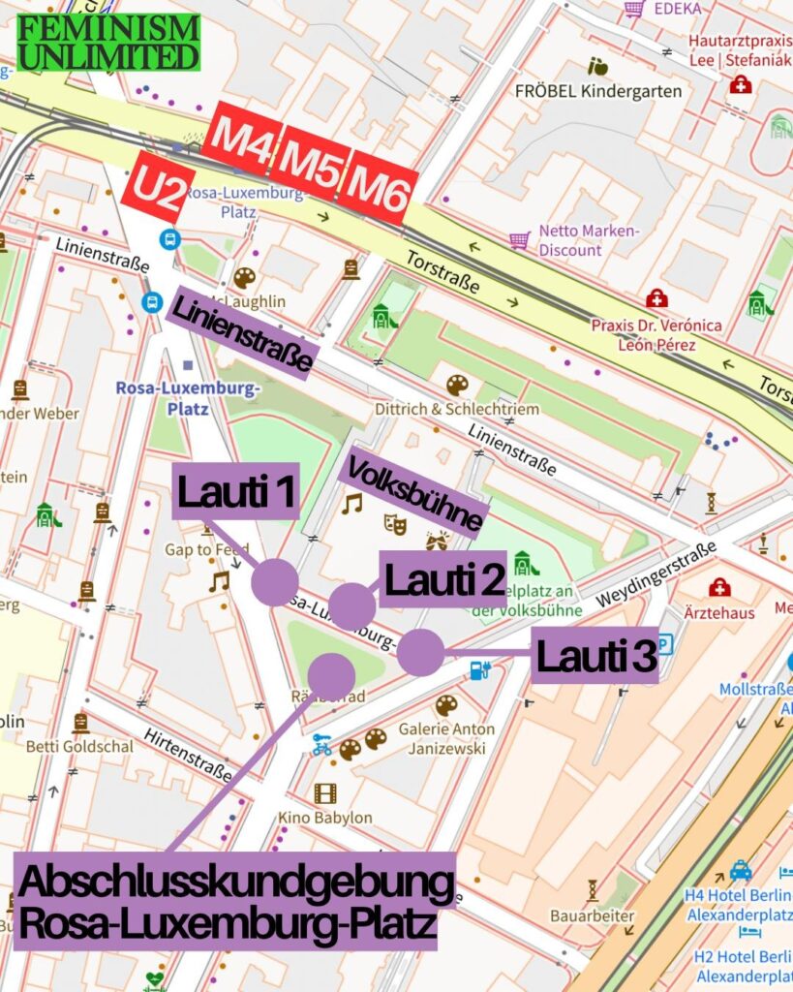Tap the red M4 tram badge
coord(241,139)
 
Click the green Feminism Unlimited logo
coord(108,42)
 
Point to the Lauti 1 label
coord(236,493)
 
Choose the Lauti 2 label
coord(444,579)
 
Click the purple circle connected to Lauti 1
coord(274,583)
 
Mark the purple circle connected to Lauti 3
coord(420,652)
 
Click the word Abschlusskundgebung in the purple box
coord(235,883)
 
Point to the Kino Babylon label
coord(324,818)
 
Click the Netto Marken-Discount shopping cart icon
coord(520,239)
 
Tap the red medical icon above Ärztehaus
coord(719,587)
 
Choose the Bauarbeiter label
coord(592,915)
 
